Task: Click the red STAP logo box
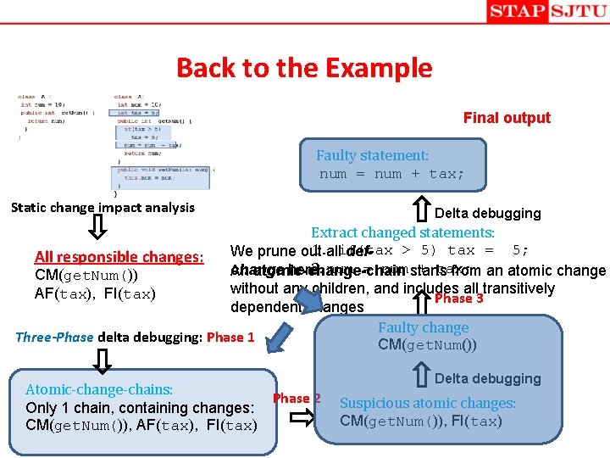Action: click(x=516, y=12)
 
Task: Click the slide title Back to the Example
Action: click(x=304, y=67)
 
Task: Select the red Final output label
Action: click(x=507, y=118)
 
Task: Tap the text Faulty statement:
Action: click(x=372, y=156)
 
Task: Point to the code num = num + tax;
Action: click(x=391, y=175)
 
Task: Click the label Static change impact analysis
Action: click(x=103, y=207)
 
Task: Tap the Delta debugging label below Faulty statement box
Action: click(x=487, y=213)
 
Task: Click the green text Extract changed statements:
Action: click(x=402, y=232)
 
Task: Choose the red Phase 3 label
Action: click(x=458, y=299)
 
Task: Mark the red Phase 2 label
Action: click(x=297, y=398)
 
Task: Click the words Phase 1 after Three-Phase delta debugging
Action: click(x=231, y=337)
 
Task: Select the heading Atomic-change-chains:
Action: click(x=99, y=389)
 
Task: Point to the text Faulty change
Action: click(x=423, y=327)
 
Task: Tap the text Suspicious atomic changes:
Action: click(x=427, y=404)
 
